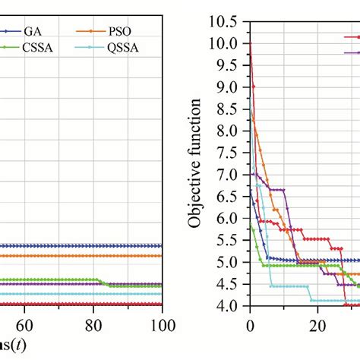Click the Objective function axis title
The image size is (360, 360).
199,163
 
